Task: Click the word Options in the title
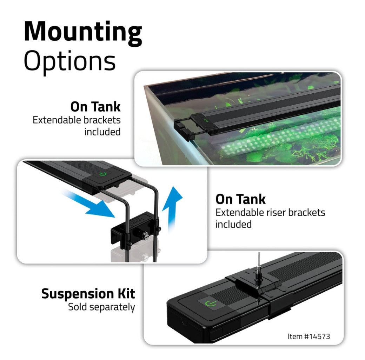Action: pos(69,61)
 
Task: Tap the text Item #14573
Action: pos(308,336)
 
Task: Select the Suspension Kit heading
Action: pos(88,294)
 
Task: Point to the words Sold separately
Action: pos(101,307)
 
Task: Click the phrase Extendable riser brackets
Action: pos(270,213)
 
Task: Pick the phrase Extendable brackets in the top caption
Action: pos(77,120)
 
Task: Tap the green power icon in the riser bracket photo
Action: pos(102,174)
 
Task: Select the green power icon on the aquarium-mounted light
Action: pos(206,121)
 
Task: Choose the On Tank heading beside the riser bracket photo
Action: pos(240,199)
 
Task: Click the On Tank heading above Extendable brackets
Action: pos(95,107)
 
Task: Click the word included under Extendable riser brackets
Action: pos(233,224)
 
